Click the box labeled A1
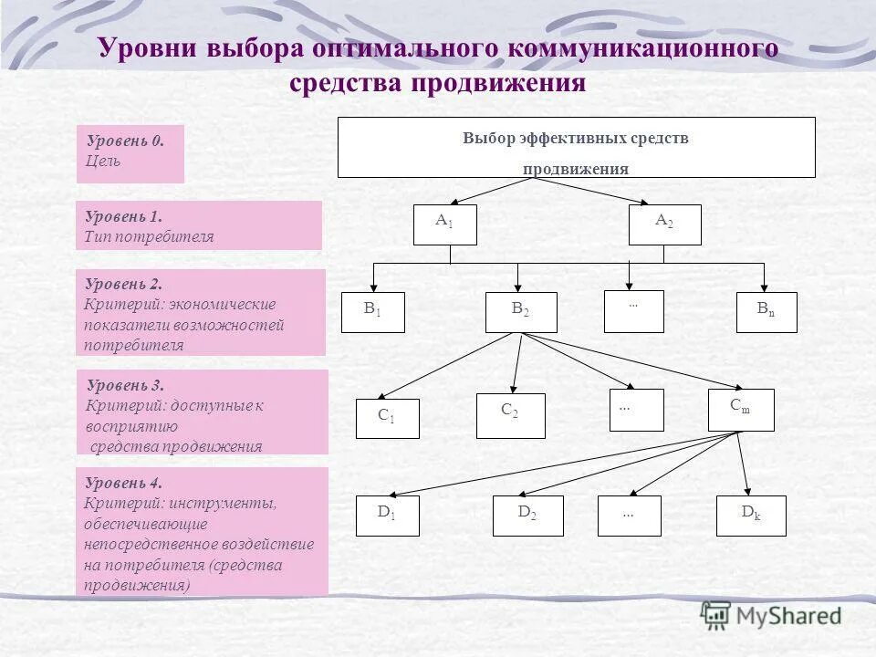click(x=444, y=224)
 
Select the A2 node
click(x=664, y=224)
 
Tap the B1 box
click(x=372, y=312)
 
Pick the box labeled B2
click(x=520, y=312)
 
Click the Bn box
click(x=766, y=312)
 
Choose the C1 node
click(x=387, y=419)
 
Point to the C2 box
click(x=510, y=415)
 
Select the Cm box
click(x=740, y=410)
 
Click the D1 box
click(x=387, y=516)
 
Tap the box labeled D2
click(x=527, y=516)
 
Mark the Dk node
click(x=751, y=516)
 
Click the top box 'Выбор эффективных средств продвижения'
click(x=576, y=147)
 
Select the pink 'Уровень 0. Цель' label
click(x=130, y=153)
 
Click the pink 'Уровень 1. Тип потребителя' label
click(x=198, y=225)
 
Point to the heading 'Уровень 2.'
click(x=123, y=285)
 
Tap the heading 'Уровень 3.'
click(x=125, y=385)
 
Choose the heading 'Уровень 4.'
click(x=123, y=484)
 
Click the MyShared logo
click(x=772, y=615)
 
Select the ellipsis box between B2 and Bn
click(x=633, y=310)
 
